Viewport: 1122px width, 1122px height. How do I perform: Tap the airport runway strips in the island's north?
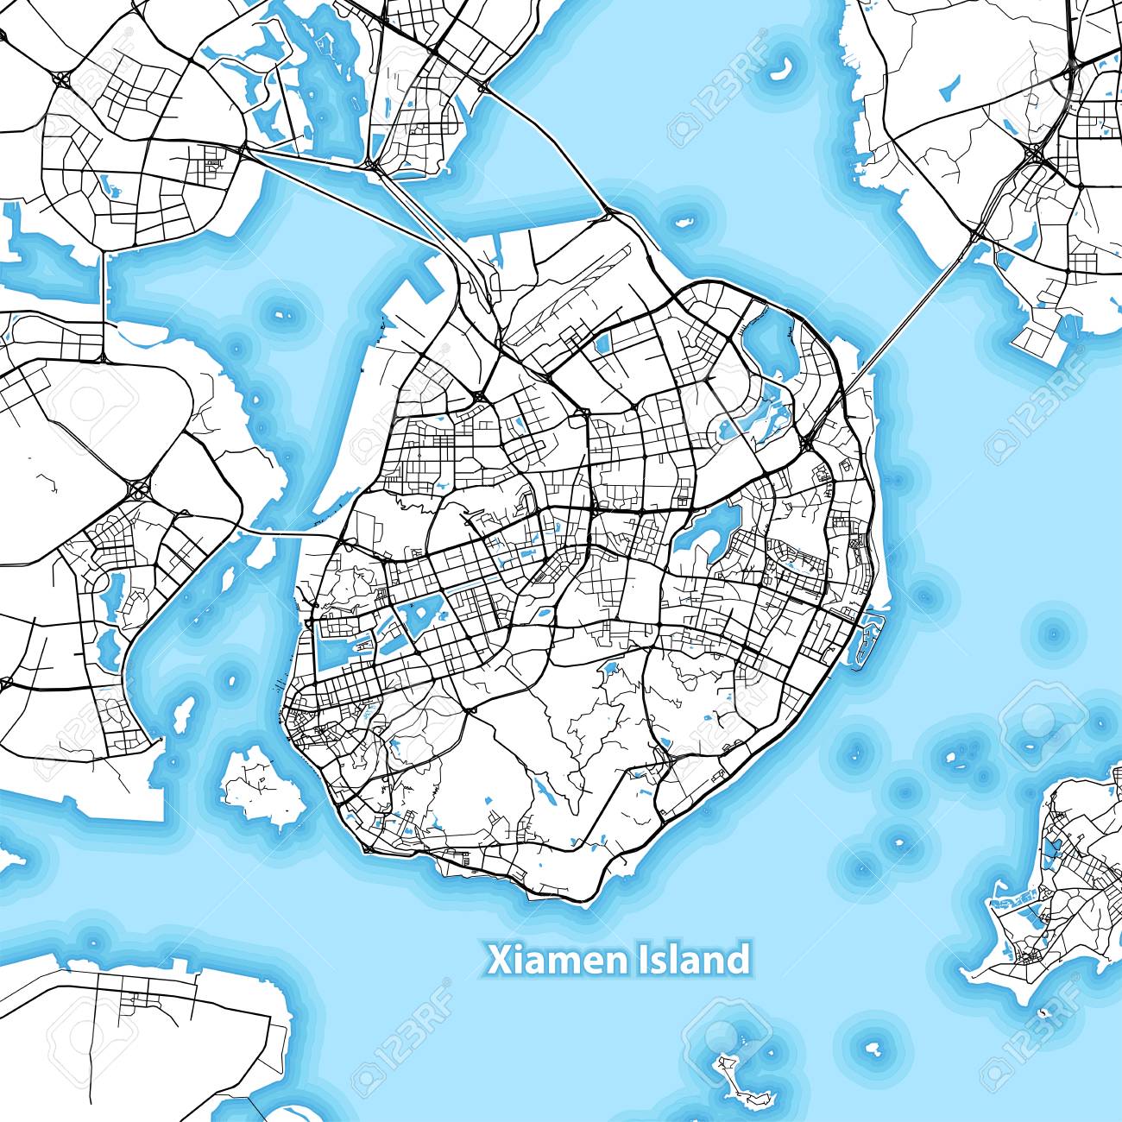pyautogui.click(x=596, y=293)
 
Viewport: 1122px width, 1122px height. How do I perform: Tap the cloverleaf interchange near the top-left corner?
pyautogui.click(x=62, y=79)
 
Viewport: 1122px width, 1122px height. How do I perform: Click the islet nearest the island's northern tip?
pyautogui.click(x=685, y=221)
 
